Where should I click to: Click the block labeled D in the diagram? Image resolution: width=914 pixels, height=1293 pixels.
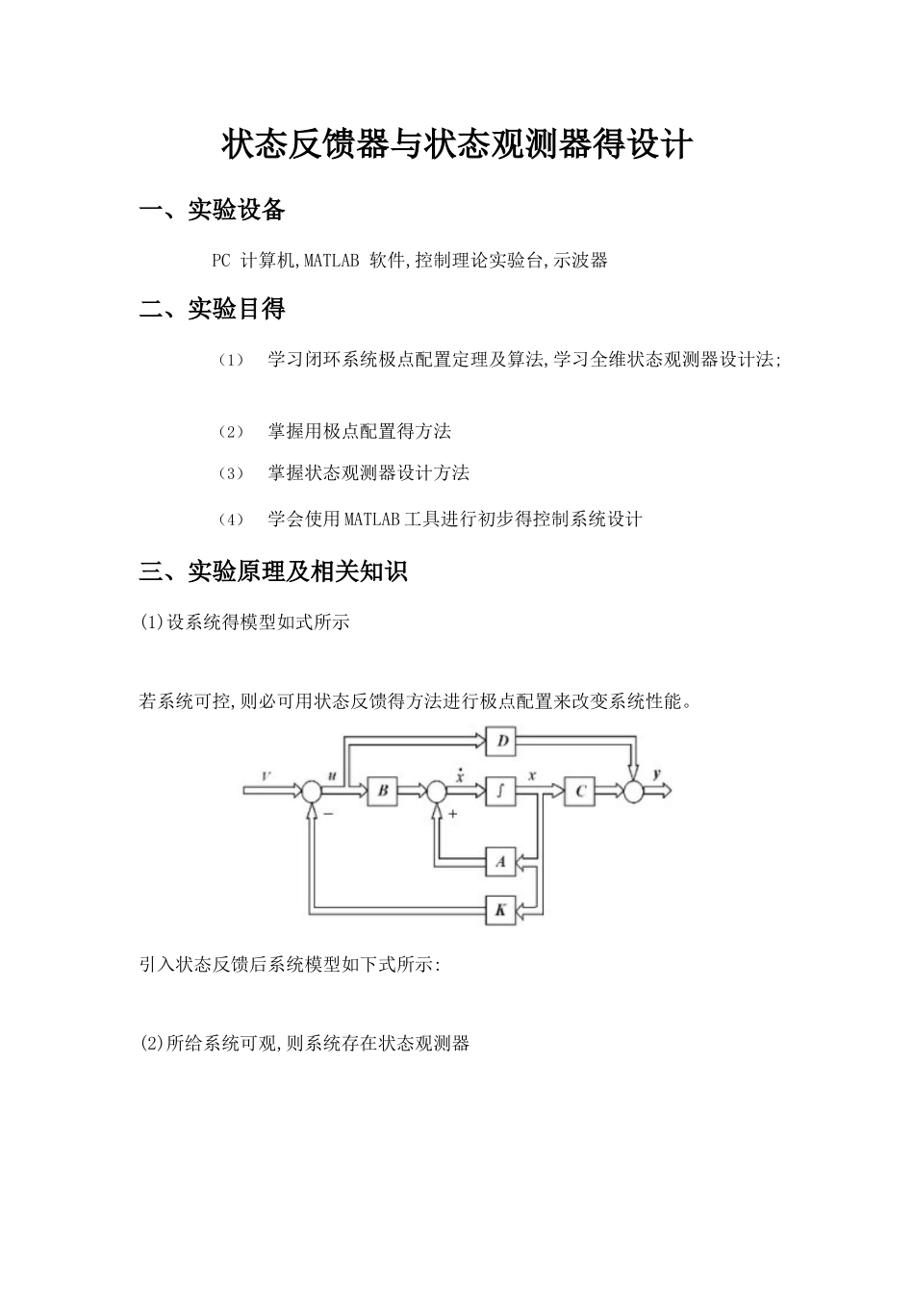[x=501, y=742]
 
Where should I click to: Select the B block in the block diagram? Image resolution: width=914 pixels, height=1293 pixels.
[x=382, y=791]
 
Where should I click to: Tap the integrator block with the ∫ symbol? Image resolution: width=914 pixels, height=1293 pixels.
[x=500, y=791]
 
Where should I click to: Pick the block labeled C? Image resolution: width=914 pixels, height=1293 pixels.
[x=579, y=791]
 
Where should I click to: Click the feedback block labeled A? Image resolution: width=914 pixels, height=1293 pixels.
[x=500, y=861]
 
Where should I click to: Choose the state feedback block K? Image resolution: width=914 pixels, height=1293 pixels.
[x=500, y=909]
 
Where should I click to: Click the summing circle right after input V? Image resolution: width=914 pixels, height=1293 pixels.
[x=311, y=791]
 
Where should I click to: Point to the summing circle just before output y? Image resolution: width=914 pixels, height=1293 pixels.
[x=633, y=791]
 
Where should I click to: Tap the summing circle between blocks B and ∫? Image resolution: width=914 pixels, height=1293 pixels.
[x=436, y=791]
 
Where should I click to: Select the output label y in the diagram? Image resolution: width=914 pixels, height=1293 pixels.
[x=656, y=773]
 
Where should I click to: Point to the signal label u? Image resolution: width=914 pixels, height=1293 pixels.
[x=332, y=775]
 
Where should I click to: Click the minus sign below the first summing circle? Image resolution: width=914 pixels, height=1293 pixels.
[x=328, y=814]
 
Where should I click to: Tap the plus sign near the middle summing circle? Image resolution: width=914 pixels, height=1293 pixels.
[x=452, y=814]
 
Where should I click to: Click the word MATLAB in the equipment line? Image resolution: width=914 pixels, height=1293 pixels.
[x=332, y=260]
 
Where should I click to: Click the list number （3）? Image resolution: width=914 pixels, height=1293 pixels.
[x=231, y=473]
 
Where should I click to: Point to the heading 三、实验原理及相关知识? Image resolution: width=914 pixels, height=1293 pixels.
[x=273, y=571]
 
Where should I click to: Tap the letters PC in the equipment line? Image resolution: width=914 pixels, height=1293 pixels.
[x=221, y=260]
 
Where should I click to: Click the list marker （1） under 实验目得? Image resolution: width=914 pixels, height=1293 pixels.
[x=231, y=360]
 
